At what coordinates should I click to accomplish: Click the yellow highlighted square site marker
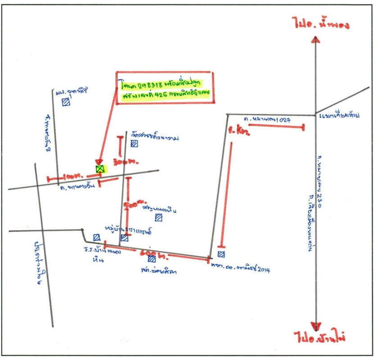100,169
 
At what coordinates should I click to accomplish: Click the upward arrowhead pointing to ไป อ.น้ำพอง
316,40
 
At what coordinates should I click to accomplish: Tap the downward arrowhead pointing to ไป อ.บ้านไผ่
317,327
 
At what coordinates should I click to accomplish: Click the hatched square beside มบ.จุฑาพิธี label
66,102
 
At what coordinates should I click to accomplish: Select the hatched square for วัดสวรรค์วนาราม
134,144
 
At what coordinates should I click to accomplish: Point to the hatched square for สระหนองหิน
158,218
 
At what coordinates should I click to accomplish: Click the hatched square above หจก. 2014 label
221,255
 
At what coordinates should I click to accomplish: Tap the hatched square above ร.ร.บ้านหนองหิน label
96,237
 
